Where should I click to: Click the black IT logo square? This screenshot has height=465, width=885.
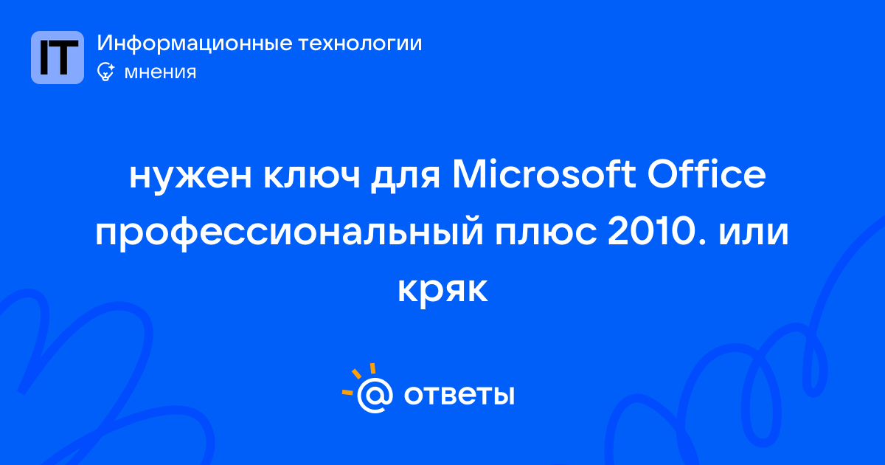[58, 58]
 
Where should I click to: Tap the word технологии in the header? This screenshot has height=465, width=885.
[361, 43]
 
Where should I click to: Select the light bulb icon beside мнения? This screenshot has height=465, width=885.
[105, 72]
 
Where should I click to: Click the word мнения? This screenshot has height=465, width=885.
[160, 72]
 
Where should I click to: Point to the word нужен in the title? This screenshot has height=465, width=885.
[190, 176]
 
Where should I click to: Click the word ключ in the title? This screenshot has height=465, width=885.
[312, 176]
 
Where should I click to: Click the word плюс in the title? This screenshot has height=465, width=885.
[546, 233]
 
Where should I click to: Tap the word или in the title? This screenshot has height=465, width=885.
[754, 233]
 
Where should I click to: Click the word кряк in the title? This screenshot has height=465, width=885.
[442, 291]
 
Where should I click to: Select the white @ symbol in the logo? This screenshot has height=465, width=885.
[375, 396]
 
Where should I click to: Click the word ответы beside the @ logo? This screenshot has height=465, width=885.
[459, 396]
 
